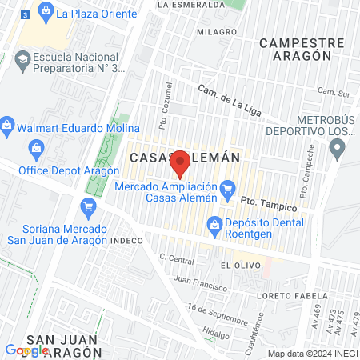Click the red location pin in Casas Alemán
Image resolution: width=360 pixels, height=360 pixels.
[x=181, y=162]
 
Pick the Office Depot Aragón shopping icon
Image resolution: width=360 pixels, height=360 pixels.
[x=36, y=147]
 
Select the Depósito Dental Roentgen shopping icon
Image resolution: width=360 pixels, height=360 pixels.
[x=214, y=223]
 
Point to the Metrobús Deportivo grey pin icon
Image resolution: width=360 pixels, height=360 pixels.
[x=338, y=146]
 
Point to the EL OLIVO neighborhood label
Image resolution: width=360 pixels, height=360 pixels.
[x=238, y=264]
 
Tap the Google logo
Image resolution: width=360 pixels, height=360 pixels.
[x=26, y=350]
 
